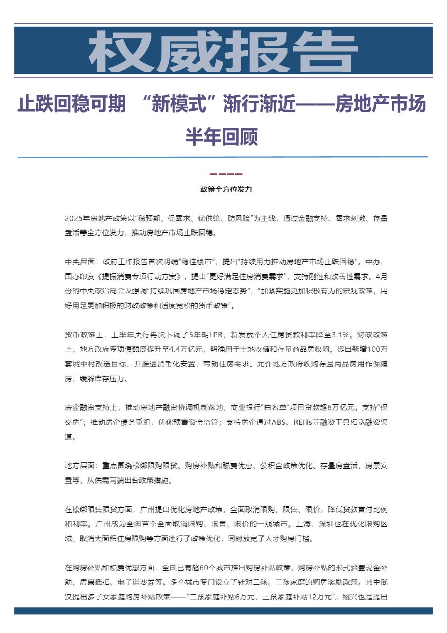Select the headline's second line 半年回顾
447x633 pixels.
click(222, 137)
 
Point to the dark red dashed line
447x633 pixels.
click(226, 174)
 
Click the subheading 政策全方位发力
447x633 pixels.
click(226, 189)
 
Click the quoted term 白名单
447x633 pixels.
click(276, 408)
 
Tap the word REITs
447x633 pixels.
click(302, 422)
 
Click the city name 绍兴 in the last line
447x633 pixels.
click(350, 597)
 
